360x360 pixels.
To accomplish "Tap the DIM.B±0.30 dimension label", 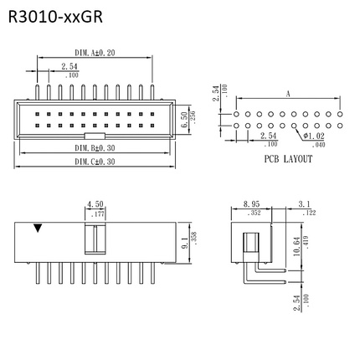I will pyautogui.click(x=94, y=147).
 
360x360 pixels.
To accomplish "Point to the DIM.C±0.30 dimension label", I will pyautogui.click(x=94, y=162).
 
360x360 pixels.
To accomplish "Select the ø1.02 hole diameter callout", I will pyautogui.click(x=315, y=136).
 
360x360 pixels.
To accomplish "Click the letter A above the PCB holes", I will pyautogui.click(x=286, y=95).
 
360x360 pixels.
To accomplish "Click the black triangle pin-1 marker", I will pyautogui.click(x=36, y=228).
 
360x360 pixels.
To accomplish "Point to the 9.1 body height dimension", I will pyautogui.click(x=183, y=244).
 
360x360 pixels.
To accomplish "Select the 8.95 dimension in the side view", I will pyautogui.click(x=250, y=203).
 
